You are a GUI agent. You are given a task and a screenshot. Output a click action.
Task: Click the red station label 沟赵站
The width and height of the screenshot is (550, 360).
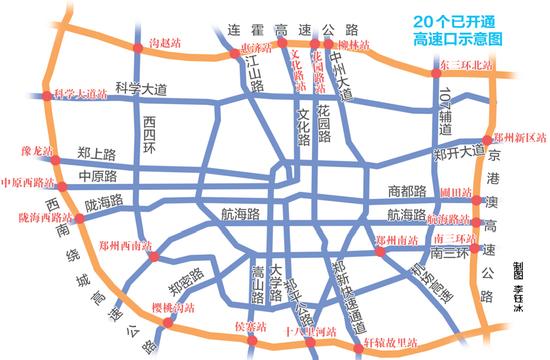[x=162, y=44]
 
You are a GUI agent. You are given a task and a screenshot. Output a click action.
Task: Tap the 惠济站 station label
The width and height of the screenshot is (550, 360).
[x=257, y=47]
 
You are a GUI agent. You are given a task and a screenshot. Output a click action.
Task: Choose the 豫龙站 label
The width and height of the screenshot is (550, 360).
[x=35, y=153]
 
